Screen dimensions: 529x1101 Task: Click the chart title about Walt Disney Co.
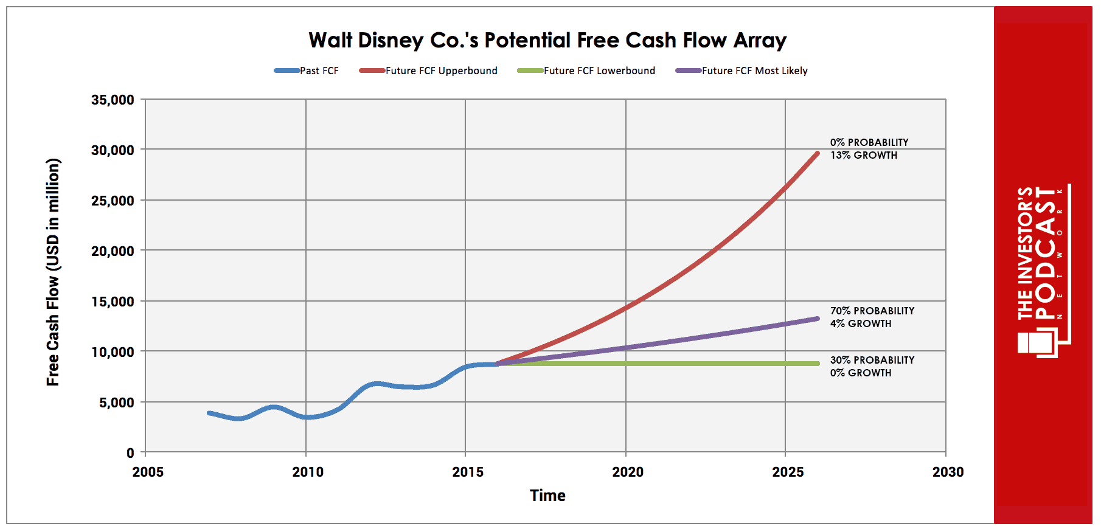[547, 40]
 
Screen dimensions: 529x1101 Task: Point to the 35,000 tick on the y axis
[113, 100]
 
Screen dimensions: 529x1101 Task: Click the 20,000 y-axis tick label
[113, 251]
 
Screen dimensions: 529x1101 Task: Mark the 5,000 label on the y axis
[116, 403]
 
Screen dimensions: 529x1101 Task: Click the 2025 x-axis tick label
[788, 472]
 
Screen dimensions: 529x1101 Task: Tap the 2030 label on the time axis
[948, 472]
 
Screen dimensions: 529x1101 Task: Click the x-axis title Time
[547, 496]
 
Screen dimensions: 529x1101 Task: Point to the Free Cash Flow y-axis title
[53, 272]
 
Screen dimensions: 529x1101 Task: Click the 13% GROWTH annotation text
[864, 155]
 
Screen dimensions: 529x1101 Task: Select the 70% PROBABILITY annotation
[872, 311]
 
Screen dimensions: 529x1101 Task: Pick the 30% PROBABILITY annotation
[872, 360]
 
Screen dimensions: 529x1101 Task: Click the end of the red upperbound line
[818, 154]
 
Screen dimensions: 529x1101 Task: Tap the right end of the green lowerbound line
[818, 364]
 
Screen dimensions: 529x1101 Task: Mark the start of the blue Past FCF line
[209, 413]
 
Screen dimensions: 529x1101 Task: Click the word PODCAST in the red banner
[1046, 252]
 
